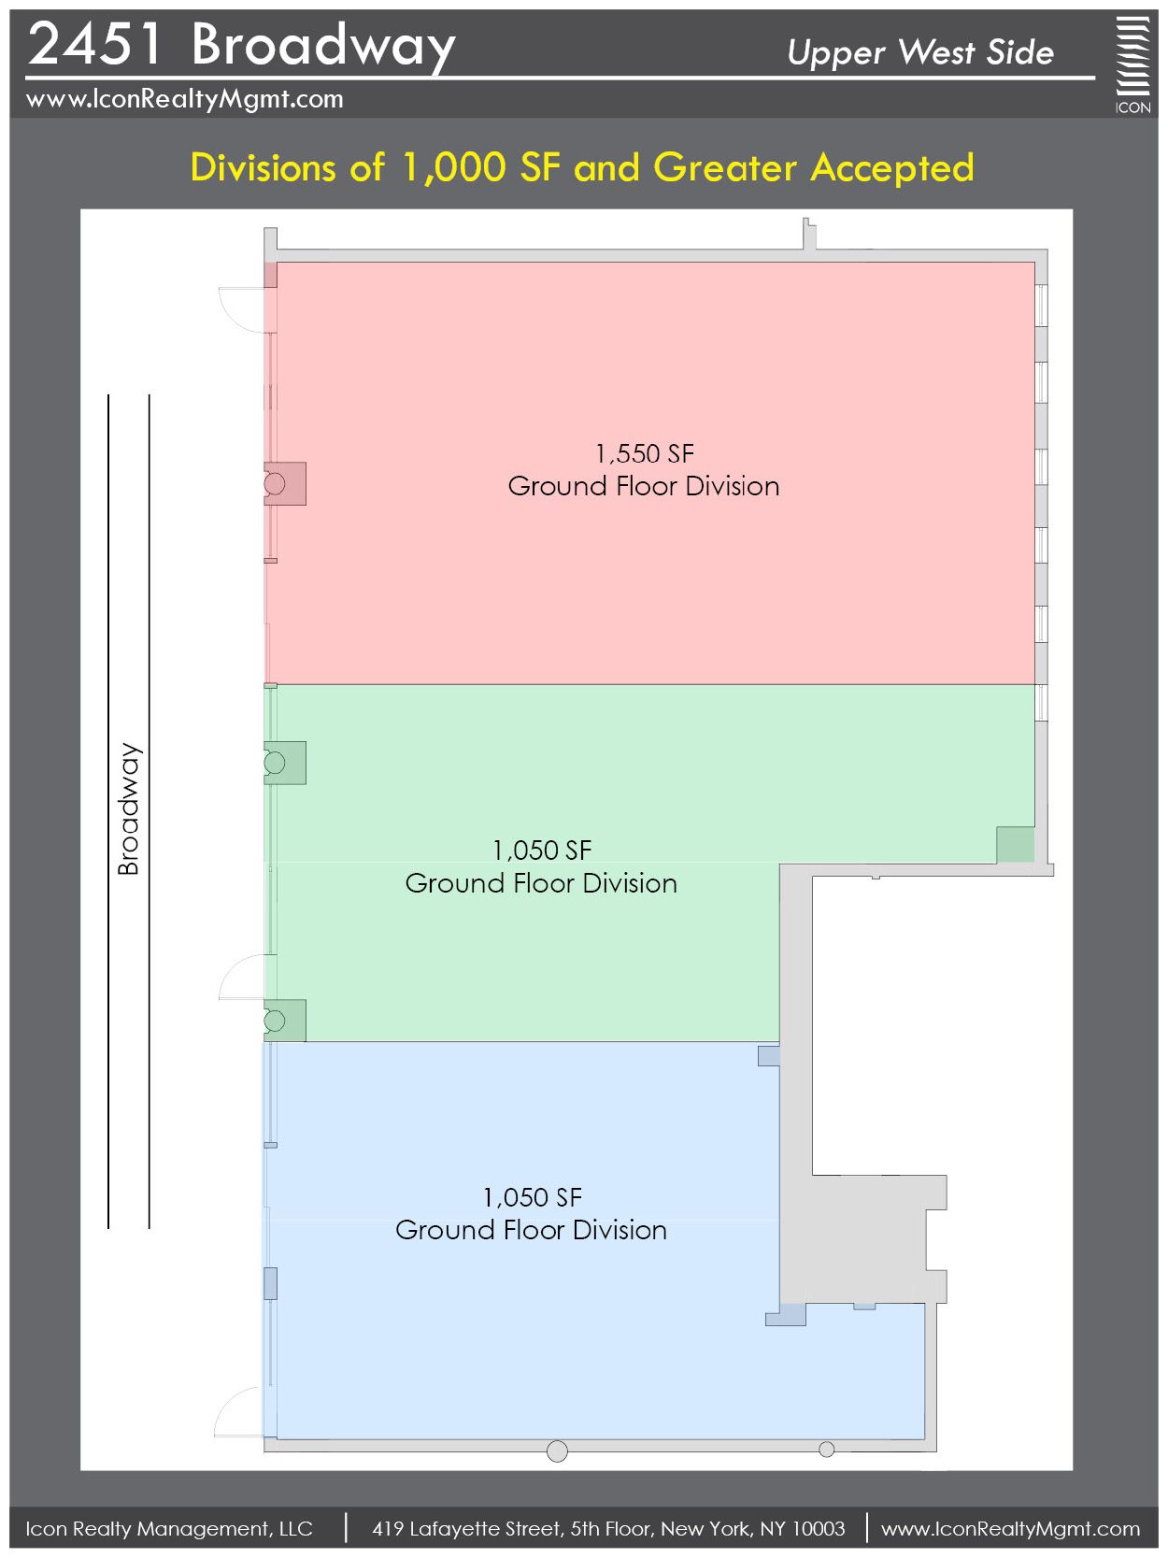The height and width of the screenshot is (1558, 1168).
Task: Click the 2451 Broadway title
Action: [241, 44]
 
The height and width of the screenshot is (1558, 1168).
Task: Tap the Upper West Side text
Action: [920, 52]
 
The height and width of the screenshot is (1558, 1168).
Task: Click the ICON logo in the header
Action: [1132, 64]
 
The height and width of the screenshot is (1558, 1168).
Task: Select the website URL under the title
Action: [184, 99]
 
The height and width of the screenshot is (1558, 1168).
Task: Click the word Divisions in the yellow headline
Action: [263, 167]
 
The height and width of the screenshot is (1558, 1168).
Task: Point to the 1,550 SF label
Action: [645, 453]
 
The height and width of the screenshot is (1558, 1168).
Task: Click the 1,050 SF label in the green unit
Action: [542, 850]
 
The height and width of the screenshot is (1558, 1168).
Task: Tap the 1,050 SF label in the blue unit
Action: [533, 1197]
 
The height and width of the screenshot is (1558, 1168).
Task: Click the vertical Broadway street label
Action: [128, 808]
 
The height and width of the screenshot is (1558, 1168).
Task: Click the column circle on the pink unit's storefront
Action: [274, 484]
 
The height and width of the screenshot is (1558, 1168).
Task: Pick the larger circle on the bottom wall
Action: [557, 1451]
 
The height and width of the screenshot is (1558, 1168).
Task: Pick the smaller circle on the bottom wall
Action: [827, 1450]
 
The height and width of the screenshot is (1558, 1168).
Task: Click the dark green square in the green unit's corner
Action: [1016, 845]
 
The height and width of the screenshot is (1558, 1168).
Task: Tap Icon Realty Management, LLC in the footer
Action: [169, 1528]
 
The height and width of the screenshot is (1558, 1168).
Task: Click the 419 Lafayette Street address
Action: [608, 1528]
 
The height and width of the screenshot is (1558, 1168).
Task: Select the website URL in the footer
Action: [1010, 1528]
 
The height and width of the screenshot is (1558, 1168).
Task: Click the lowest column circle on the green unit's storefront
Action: [274, 1021]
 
